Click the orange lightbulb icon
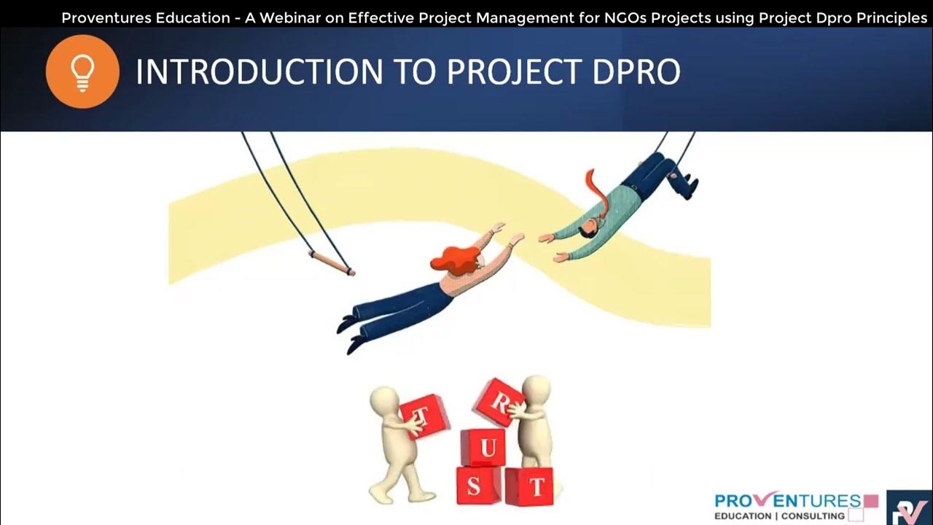82,71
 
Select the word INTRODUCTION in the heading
259,72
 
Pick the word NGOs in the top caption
625,17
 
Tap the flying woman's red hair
456,260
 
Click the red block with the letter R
499,401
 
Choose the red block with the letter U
483,447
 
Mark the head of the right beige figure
536,389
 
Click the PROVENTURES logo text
788,501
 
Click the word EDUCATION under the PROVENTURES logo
742,516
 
